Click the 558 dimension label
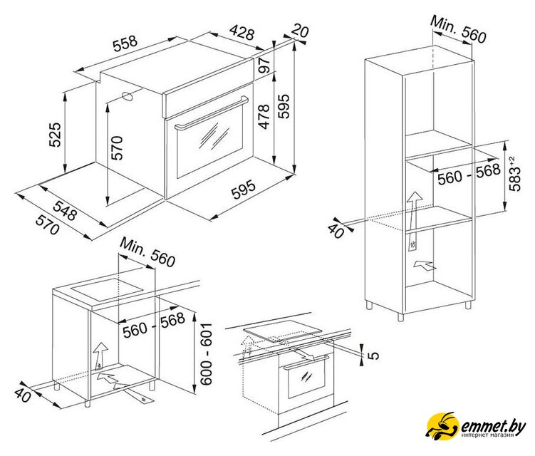tap(125, 43)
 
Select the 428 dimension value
tap(242, 32)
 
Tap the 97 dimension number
tap(264, 65)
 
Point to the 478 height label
tap(264, 117)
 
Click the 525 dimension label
tap(55, 134)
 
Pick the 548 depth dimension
tap(65, 210)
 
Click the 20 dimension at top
tap(300, 31)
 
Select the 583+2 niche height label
tap(515, 173)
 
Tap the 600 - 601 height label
tap(206, 354)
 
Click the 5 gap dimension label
tap(373, 355)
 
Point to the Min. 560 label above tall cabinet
tap(458, 29)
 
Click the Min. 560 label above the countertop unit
tap(147, 252)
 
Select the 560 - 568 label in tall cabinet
tap(469, 174)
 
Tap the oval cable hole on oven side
tap(128, 96)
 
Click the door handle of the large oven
tap(212, 113)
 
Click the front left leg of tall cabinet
tap(400, 317)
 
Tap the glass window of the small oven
tap(306, 378)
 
